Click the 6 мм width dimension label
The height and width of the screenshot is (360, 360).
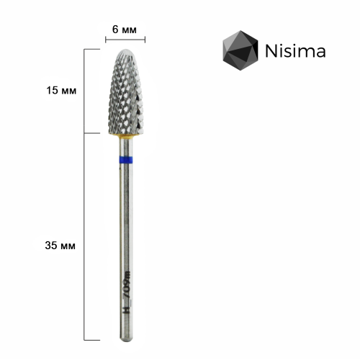coord(125,30)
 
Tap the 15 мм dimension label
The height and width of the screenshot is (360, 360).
coord(61,91)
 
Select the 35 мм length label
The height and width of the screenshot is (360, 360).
coord(60,246)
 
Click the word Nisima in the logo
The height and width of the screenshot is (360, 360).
coord(295,50)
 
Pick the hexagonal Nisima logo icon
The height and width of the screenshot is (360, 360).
coord(240,50)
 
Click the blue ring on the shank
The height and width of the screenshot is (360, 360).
coord(126,160)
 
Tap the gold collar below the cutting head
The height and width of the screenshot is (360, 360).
coord(126,137)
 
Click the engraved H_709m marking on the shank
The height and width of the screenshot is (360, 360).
coord(127,292)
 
